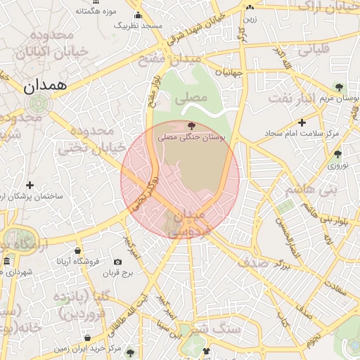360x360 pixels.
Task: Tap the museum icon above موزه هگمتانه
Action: (x=96, y=1)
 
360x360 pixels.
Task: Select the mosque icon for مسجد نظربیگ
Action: (x=138, y=16)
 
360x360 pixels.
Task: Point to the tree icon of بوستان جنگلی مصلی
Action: (x=192, y=126)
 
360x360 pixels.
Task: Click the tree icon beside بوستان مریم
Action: (x=340, y=88)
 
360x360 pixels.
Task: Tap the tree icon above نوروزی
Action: (x=338, y=154)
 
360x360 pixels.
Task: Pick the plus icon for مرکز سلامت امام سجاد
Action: (x=302, y=122)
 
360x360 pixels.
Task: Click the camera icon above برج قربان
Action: (x=117, y=262)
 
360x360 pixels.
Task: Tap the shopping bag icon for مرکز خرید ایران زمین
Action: (x=111, y=348)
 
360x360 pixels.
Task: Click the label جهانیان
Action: (x=229, y=72)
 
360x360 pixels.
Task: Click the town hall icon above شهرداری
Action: (x=6, y=262)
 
